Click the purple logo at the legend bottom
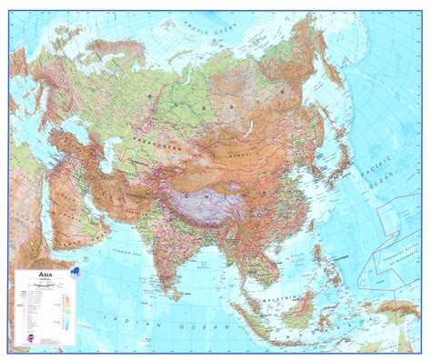point(25,337)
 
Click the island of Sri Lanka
point(193,291)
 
